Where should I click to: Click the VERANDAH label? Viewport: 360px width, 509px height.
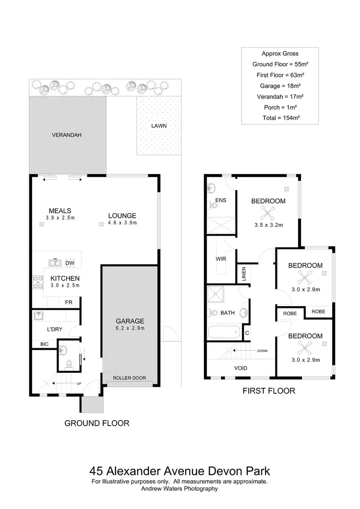point(67,135)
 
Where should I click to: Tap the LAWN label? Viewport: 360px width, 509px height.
point(159,126)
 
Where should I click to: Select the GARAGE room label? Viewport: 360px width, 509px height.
point(130,321)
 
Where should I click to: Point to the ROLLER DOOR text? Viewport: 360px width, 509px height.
point(130,378)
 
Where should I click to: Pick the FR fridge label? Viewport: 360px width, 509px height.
point(69,302)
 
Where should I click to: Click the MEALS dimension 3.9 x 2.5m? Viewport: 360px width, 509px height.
point(60,218)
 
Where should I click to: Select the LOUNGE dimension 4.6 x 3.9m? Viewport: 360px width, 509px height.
point(122,223)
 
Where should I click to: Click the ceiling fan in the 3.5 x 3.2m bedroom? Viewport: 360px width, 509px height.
point(268,212)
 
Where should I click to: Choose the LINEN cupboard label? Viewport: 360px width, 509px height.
point(243,274)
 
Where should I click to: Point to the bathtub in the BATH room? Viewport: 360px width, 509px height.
point(224,332)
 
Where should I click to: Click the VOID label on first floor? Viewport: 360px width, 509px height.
point(240,368)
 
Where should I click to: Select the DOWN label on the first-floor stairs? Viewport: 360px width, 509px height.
point(262,351)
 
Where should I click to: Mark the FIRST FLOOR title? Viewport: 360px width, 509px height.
point(269,391)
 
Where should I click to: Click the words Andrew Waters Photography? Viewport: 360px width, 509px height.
point(180,489)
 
